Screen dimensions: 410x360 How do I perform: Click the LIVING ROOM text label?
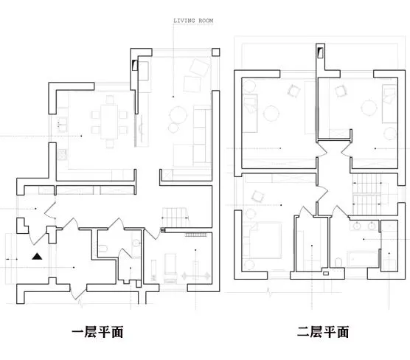(x=193, y=21)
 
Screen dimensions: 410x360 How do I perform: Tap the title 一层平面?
(x=97, y=332)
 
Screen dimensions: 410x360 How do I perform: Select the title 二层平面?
(x=323, y=332)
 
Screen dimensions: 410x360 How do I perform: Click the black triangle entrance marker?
(x=37, y=257)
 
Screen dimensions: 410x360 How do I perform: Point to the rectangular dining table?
(x=109, y=122)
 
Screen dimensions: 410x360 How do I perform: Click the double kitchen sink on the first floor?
(x=62, y=124)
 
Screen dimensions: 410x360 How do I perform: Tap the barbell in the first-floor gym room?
(x=195, y=276)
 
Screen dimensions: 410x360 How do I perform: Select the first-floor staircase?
(x=175, y=217)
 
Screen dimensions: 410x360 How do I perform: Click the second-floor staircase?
(x=367, y=194)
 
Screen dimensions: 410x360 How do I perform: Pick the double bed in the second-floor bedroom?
(x=263, y=240)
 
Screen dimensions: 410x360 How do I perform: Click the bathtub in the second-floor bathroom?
(x=363, y=259)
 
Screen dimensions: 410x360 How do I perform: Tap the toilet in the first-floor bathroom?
(x=103, y=248)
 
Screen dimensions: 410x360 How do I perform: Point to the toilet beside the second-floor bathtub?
(x=338, y=263)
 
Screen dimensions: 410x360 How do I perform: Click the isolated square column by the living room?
(x=216, y=52)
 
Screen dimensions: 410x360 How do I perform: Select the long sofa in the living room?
(x=202, y=136)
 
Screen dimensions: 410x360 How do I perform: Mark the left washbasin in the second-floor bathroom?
(x=357, y=226)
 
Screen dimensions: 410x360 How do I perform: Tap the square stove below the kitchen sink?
(x=62, y=154)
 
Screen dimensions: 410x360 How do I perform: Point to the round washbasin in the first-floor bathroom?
(x=136, y=243)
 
